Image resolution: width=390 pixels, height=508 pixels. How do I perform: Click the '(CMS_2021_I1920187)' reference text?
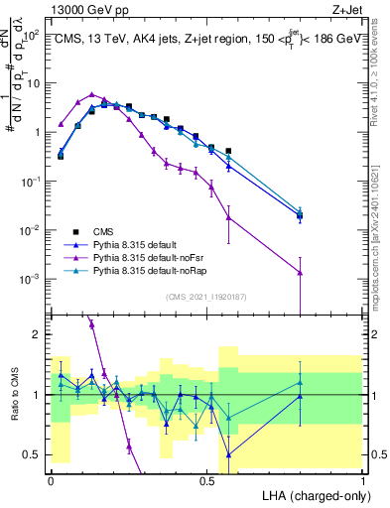(206, 296)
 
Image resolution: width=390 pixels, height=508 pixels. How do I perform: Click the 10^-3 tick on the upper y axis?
(30, 279)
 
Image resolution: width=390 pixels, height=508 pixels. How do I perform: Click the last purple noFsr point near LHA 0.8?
(300, 272)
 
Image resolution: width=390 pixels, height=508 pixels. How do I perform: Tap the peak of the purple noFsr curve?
(91, 94)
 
